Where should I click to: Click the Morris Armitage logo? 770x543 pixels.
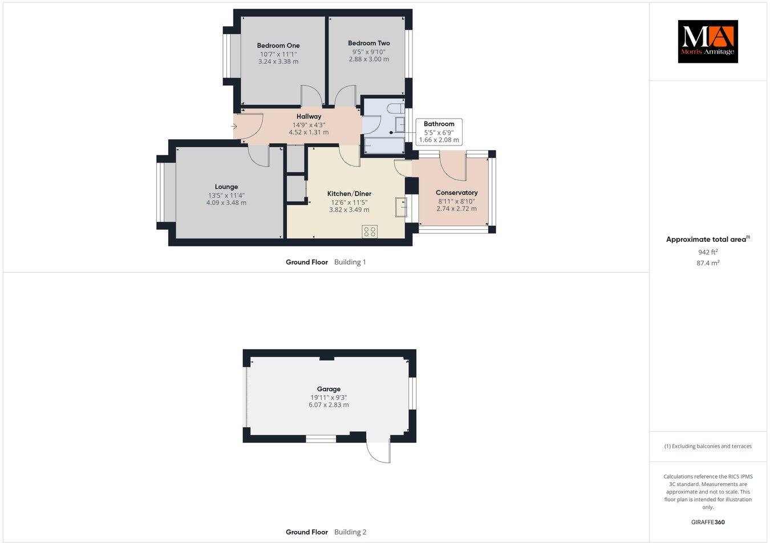[707, 41]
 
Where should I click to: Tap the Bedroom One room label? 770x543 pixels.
[278, 46]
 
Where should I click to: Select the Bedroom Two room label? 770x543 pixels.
[368, 43]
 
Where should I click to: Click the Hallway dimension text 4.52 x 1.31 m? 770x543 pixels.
[309, 132]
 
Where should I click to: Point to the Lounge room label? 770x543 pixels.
[226, 187]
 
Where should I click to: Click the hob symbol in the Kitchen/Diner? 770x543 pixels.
[370, 231]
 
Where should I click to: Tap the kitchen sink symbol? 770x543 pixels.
[401, 208]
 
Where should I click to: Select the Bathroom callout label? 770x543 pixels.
[439, 124]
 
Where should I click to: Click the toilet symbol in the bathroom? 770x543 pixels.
[394, 108]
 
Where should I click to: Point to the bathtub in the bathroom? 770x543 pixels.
[383, 146]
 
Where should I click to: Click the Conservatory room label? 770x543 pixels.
[456, 193]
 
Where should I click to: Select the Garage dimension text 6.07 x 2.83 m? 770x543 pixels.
[329, 405]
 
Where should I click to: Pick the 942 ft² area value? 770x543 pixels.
[708, 252]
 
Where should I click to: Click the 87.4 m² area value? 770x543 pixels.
[708, 263]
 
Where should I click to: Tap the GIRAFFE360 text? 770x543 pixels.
[707, 522]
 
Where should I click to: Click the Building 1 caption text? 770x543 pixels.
[350, 262]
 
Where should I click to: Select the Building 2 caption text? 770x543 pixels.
[350, 532]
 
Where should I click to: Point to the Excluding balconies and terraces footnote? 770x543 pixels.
[708, 447]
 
